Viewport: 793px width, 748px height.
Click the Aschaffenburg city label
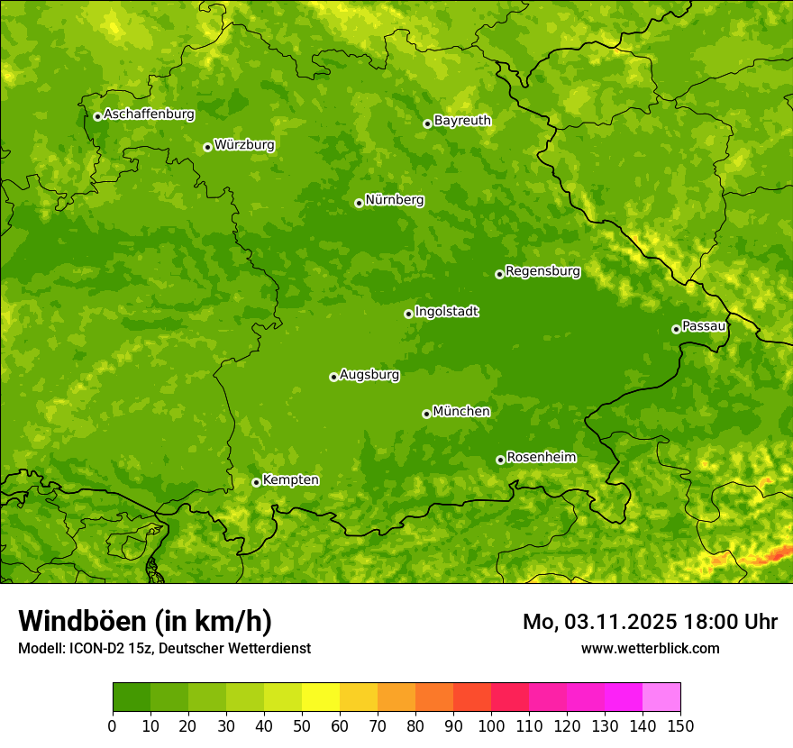point(149,114)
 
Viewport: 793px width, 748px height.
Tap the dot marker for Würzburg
point(207,147)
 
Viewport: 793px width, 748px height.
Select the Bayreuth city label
point(462,121)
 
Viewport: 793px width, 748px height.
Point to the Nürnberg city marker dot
point(359,203)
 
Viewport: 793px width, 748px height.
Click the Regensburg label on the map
point(542,271)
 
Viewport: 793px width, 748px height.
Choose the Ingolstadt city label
point(446,312)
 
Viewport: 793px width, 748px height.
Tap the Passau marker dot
point(676,329)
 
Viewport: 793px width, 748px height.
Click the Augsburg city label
point(369,375)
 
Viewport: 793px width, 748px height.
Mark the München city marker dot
point(426,414)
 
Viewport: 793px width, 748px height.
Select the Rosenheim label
point(541,458)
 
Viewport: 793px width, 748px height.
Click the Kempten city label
point(290,480)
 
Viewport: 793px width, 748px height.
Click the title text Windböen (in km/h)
point(145,621)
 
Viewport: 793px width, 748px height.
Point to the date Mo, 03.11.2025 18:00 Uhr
point(650,622)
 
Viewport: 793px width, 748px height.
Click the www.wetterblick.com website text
point(650,648)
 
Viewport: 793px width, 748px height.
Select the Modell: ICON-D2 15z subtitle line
point(164,648)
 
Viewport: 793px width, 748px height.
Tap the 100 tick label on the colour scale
point(491,725)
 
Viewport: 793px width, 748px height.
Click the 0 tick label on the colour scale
point(113,725)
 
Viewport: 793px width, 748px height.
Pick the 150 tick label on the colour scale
point(680,725)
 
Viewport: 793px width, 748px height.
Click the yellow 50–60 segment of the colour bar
point(321,698)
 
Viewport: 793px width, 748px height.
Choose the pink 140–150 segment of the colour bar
point(661,698)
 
